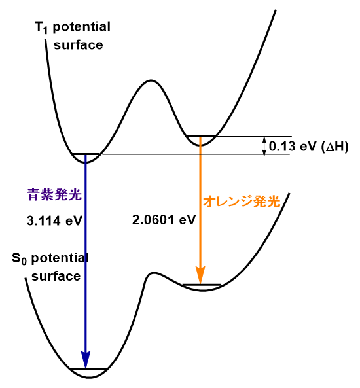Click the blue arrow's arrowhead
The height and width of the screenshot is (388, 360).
(86, 359)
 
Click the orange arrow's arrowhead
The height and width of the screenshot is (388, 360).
(200, 275)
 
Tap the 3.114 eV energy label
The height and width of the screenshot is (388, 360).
(54, 220)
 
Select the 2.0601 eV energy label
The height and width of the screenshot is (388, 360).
(164, 220)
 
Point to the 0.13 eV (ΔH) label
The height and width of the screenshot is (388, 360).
(309, 147)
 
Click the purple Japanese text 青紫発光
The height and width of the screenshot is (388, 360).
(54, 194)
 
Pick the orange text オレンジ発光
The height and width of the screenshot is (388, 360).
(242, 201)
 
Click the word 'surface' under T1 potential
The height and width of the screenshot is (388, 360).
(79, 44)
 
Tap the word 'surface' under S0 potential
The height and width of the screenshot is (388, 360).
(56, 276)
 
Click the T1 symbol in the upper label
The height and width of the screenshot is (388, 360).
(41, 27)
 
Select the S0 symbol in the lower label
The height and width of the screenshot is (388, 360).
(19, 259)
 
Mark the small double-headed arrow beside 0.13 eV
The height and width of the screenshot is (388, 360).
(264, 147)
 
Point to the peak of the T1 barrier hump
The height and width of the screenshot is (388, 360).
(151, 80)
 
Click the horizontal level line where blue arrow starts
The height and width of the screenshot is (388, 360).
(86, 154)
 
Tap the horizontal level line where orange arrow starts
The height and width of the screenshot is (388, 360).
(201, 136)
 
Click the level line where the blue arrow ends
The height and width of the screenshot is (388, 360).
(88, 369)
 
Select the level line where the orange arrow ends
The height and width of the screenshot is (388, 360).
(202, 285)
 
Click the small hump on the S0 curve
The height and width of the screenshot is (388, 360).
(154, 273)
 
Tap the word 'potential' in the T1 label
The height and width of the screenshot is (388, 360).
(82, 27)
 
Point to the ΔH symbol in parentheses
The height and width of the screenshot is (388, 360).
(334, 147)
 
